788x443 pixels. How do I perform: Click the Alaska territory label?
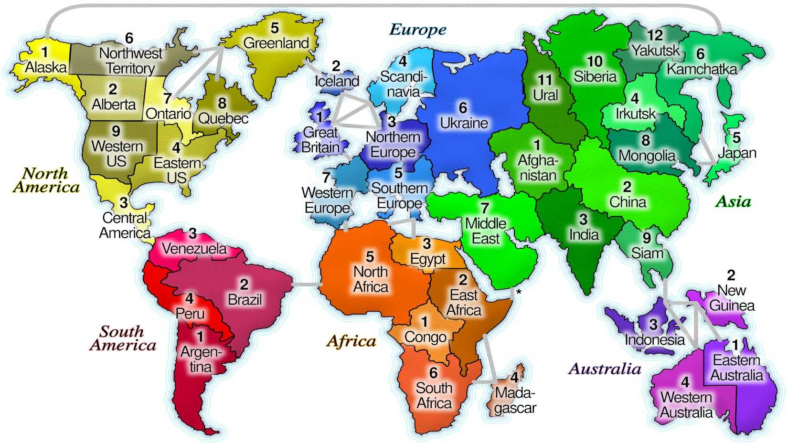click(x=46, y=67)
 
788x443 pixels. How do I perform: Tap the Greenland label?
click(x=276, y=43)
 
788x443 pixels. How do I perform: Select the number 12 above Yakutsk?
click(x=655, y=35)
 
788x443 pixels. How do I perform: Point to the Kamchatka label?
click(x=702, y=69)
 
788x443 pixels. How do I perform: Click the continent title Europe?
click(x=418, y=30)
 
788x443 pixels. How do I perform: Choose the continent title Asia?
click(x=733, y=201)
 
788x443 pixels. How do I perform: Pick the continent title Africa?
click(x=351, y=341)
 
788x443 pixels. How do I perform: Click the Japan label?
click(x=737, y=153)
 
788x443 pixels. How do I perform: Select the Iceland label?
click(x=337, y=81)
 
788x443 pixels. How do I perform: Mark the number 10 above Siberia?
click(x=595, y=62)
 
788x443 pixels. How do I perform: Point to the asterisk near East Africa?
click(x=519, y=292)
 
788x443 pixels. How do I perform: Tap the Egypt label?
click(x=427, y=259)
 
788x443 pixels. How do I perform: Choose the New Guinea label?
click(x=732, y=298)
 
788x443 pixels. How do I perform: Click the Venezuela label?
click(x=194, y=249)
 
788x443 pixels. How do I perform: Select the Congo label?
click(x=425, y=338)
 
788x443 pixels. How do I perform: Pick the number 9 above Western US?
click(x=116, y=131)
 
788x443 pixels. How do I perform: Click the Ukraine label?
click(x=464, y=123)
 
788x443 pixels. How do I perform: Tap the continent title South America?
click(x=122, y=338)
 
